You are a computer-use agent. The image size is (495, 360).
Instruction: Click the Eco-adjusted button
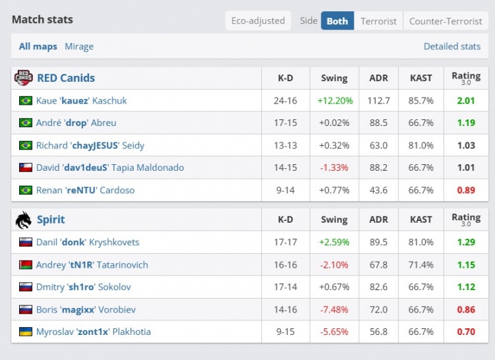pos(258,21)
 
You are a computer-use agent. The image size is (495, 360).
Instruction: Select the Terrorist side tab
pos(378,21)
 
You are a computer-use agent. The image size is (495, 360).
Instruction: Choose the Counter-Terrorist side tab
pos(445,21)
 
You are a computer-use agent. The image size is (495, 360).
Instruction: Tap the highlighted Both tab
pos(337,21)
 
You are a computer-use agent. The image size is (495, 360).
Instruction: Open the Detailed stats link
pos(452,46)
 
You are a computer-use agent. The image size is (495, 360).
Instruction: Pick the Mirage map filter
pos(79,46)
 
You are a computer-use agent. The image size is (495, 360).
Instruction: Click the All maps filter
pos(38,46)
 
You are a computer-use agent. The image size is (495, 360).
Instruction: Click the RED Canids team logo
pos(23,78)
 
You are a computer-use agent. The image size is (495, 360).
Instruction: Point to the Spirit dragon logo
pos(23,220)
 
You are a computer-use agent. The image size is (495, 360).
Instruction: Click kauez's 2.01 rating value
pos(466,101)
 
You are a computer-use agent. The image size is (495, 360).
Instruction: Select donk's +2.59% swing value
pos(334,242)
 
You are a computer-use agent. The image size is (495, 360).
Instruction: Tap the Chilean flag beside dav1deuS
pos(26,167)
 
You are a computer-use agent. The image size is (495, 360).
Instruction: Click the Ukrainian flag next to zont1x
pos(26,332)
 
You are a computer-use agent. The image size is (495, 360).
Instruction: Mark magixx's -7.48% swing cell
pos(334,309)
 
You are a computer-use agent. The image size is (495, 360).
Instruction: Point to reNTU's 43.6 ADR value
pos(379,190)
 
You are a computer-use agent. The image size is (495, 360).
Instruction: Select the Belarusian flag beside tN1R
pos(26,264)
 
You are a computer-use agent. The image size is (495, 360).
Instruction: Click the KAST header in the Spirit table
pos(421,220)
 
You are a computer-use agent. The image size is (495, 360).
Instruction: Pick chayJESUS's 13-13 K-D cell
pos(285,145)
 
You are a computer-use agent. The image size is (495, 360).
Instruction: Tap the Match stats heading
pos(42,19)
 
